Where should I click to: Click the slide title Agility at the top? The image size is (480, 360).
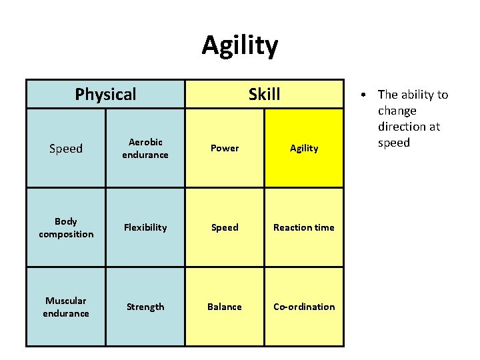tap(240, 45)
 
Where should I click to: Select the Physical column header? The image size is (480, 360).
tap(105, 94)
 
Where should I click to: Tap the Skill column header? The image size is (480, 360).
tap(264, 94)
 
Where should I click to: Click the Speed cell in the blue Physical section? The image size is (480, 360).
tap(66, 149)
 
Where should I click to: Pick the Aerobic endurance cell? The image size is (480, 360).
tap(145, 148)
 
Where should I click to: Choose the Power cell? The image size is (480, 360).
tap(225, 148)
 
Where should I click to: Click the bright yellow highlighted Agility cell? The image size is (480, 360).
tap(304, 148)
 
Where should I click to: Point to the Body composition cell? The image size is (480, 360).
tap(66, 227)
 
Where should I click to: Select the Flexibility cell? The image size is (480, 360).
tap(145, 227)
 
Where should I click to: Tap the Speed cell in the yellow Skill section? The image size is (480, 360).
tap(225, 227)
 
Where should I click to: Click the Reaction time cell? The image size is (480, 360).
tap(304, 227)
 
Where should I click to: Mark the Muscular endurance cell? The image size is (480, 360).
tap(66, 307)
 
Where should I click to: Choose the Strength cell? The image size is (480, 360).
tap(145, 307)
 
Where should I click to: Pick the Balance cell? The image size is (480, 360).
tap(225, 307)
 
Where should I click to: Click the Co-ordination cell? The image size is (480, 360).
tap(304, 307)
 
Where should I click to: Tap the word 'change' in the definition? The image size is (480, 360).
tap(397, 111)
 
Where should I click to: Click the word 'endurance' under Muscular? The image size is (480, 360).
tap(66, 313)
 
